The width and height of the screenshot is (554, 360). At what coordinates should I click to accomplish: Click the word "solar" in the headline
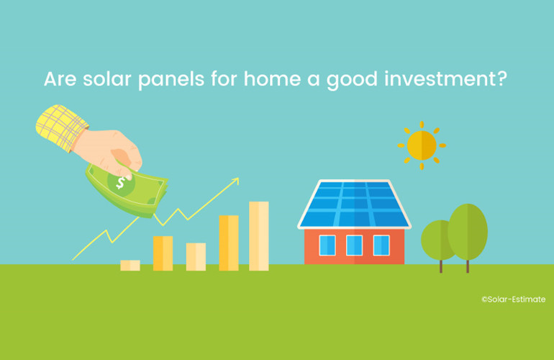pyautogui.click(x=107, y=78)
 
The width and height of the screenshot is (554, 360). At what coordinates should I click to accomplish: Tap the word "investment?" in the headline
pyautogui.click(x=446, y=78)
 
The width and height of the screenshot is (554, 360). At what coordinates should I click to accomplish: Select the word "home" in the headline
pyautogui.click(x=272, y=78)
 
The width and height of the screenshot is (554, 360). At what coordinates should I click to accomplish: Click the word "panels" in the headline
pyautogui.click(x=171, y=80)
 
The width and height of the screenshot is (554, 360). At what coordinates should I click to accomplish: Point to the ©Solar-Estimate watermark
pyautogui.click(x=514, y=300)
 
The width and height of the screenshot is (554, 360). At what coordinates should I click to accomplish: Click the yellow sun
pyautogui.click(x=422, y=145)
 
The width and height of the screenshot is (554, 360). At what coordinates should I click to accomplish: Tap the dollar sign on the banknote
pyautogui.click(x=121, y=182)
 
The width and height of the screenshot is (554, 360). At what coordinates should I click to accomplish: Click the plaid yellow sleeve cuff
pyautogui.click(x=61, y=127)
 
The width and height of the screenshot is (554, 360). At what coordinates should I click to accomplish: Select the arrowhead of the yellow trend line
pyautogui.click(x=235, y=181)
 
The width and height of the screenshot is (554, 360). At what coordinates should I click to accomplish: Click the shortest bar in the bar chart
pyautogui.click(x=130, y=266)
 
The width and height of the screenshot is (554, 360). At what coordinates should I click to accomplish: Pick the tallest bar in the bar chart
pyautogui.click(x=258, y=236)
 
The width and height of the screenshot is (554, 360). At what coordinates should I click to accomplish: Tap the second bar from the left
pyautogui.click(x=163, y=253)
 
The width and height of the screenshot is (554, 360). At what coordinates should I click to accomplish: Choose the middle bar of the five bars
pyautogui.click(x=196, y=257)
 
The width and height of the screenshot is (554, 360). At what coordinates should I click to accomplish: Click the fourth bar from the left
pyautogui.click(x=229, y=243)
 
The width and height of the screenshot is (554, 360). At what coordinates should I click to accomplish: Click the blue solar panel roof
pyautogui.click(x=355, y=204)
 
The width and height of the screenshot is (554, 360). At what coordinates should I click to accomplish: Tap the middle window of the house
pyautogui.click(x=355, y=245)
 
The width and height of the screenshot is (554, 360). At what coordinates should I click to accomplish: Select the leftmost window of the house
pyautogui.click(x=327, y=245)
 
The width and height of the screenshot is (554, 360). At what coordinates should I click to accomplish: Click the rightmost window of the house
pyautogui.click(x=381, y=245)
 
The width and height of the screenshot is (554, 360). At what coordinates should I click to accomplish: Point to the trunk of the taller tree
pyautogui.click(x=468, y=266)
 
